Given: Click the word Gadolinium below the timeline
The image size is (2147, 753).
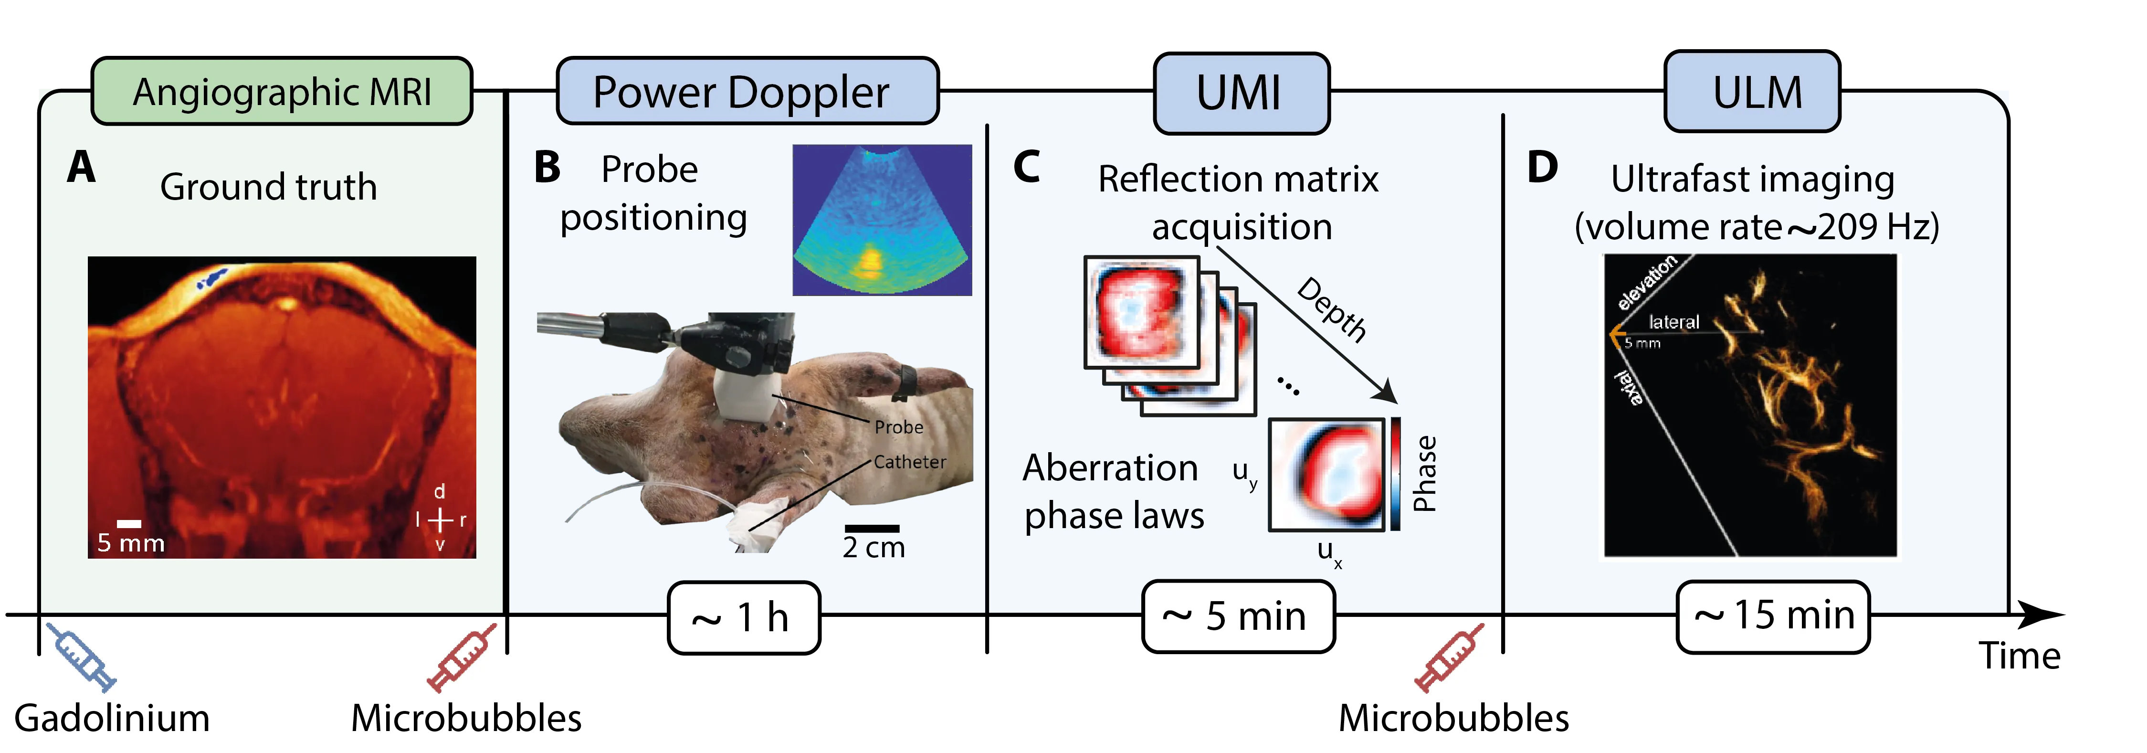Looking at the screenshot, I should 113,719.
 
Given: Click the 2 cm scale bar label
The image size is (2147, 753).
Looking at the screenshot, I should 874,547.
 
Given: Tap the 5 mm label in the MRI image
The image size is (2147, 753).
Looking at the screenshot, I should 131,543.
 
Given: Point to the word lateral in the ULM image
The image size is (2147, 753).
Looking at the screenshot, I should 1673,322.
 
